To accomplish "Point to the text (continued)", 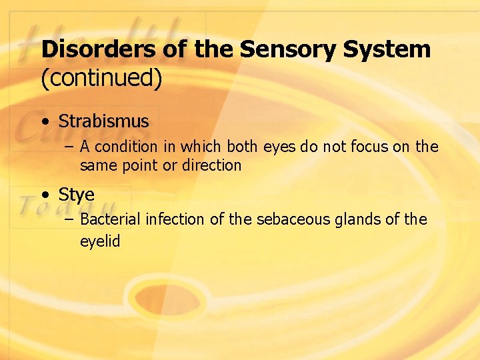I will (x=101, y=79).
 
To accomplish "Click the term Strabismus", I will (x=103, y=121).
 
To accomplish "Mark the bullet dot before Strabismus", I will (x=45, y=122).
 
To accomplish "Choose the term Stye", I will (x=76, y=195).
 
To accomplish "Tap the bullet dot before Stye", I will (x=45, y=195).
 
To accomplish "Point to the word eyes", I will (x=280, y=147).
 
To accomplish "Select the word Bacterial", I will (x=110, y=220).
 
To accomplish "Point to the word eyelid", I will (x=100, y=241).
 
